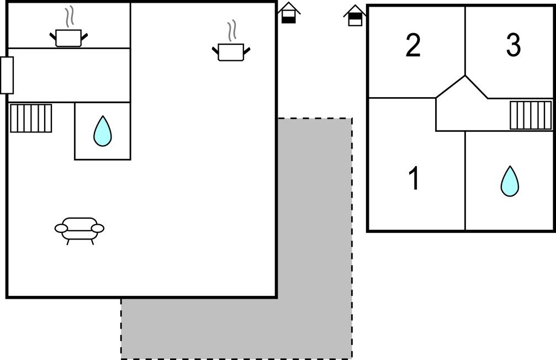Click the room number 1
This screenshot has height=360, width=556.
(x=414, y=179)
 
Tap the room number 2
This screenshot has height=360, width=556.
(x=413, y=45)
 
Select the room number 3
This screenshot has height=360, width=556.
(x=513, y=45)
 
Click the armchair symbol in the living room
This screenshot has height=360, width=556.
(x=80, y=229)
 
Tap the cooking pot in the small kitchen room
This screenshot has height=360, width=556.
(x=68, y=38)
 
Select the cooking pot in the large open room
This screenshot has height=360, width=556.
(x=231, y=52)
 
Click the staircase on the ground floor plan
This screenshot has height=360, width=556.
(x=31, y=118)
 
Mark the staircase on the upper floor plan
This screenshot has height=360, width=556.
(x=530, y=115)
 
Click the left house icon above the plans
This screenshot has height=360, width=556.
(x=289, y=13)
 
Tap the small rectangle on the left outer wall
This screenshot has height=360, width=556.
(x=7, y=75)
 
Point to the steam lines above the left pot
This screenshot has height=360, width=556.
(x=68, y=17)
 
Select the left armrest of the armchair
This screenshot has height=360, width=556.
(x=61, y=227)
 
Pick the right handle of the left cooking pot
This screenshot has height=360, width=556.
(x=84, y=36)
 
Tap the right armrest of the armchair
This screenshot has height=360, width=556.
(x=98, y=227)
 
